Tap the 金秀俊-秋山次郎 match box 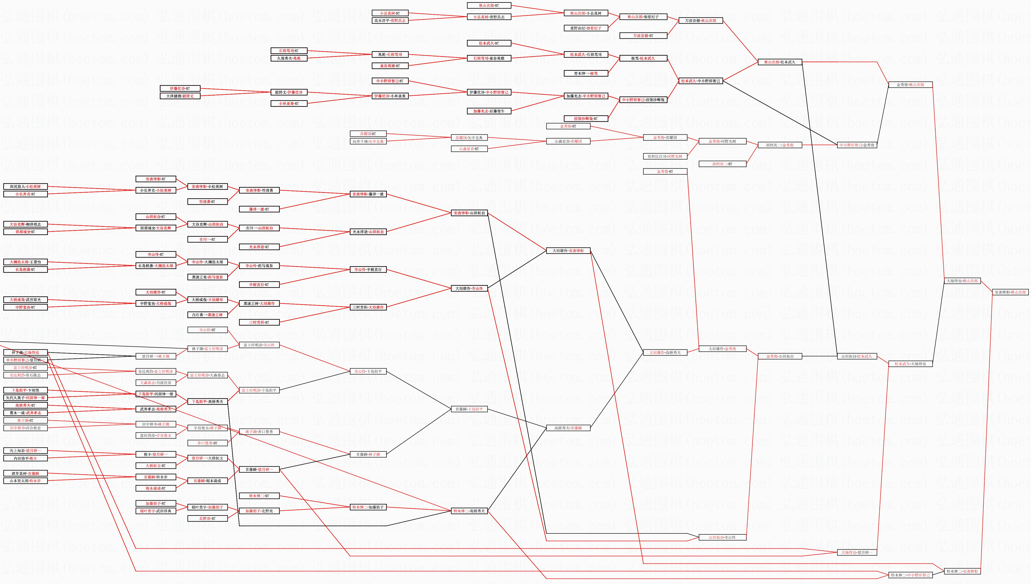tap(910, 85)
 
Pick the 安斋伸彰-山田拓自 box tap(469, 213)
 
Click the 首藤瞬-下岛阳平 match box tap(469, 409)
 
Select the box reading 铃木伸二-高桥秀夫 tap(469, 511)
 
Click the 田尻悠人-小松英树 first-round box tap(25, 186)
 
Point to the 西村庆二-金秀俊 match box tap(779, 145)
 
